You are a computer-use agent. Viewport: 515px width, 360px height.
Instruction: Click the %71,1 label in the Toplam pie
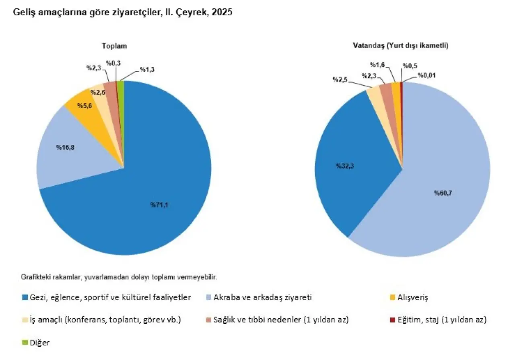160,205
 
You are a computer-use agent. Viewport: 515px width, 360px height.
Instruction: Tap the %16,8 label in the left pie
66,147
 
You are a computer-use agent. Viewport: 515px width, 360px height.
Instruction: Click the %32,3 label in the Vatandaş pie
345,165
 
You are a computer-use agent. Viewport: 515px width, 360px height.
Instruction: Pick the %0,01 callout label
426,75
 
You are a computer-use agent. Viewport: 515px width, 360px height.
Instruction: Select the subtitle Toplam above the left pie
114,46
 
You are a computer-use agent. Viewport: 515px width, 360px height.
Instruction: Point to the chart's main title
123,12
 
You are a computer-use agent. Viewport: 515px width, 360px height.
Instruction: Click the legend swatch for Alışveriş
392,298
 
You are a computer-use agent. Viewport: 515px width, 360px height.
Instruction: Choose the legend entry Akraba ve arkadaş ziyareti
263,298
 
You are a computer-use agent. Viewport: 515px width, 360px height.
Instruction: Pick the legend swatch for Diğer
25,343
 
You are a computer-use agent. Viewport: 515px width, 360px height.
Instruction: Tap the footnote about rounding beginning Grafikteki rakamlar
119,277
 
